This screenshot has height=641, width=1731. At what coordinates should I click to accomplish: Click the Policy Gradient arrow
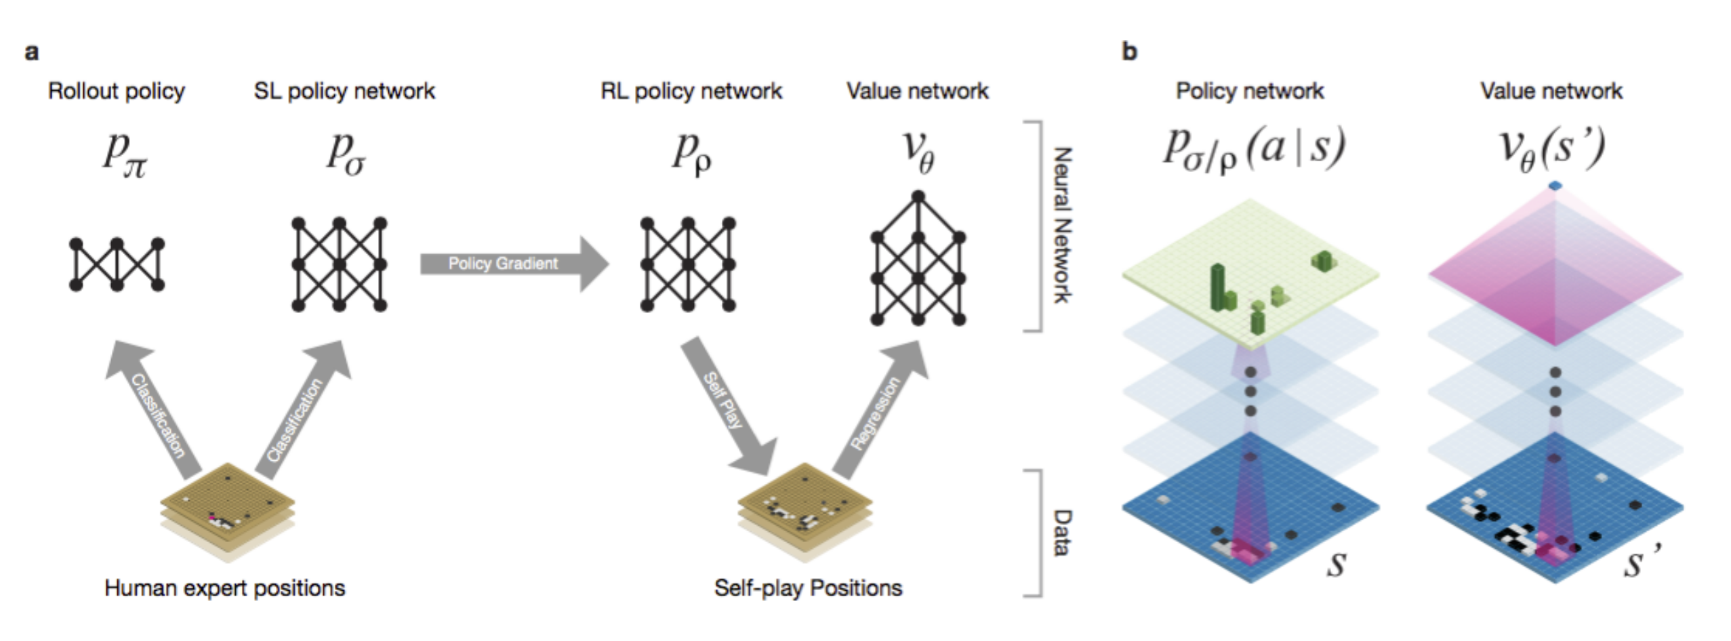tap(514, 264)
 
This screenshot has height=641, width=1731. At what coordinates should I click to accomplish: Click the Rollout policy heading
tap(117, 91)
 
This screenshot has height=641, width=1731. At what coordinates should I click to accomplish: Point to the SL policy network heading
tap(344, 91)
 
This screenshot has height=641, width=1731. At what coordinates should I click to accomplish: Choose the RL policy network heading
tap(691, 91)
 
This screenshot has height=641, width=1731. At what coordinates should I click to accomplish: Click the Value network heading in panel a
tap(917, 91)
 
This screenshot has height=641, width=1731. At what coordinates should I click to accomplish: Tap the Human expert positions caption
tap(225, 587)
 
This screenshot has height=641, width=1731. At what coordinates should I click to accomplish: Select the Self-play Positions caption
tap(808, 587)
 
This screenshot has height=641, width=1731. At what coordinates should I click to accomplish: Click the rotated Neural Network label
tap(1062, 225)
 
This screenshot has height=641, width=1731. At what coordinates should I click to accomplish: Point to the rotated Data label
tap(1062, 533)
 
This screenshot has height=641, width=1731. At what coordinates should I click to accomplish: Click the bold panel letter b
tap(1129, 51)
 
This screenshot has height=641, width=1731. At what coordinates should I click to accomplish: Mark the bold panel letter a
tap(31, 52)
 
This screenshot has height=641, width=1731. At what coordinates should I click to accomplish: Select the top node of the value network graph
tap(918, 197)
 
